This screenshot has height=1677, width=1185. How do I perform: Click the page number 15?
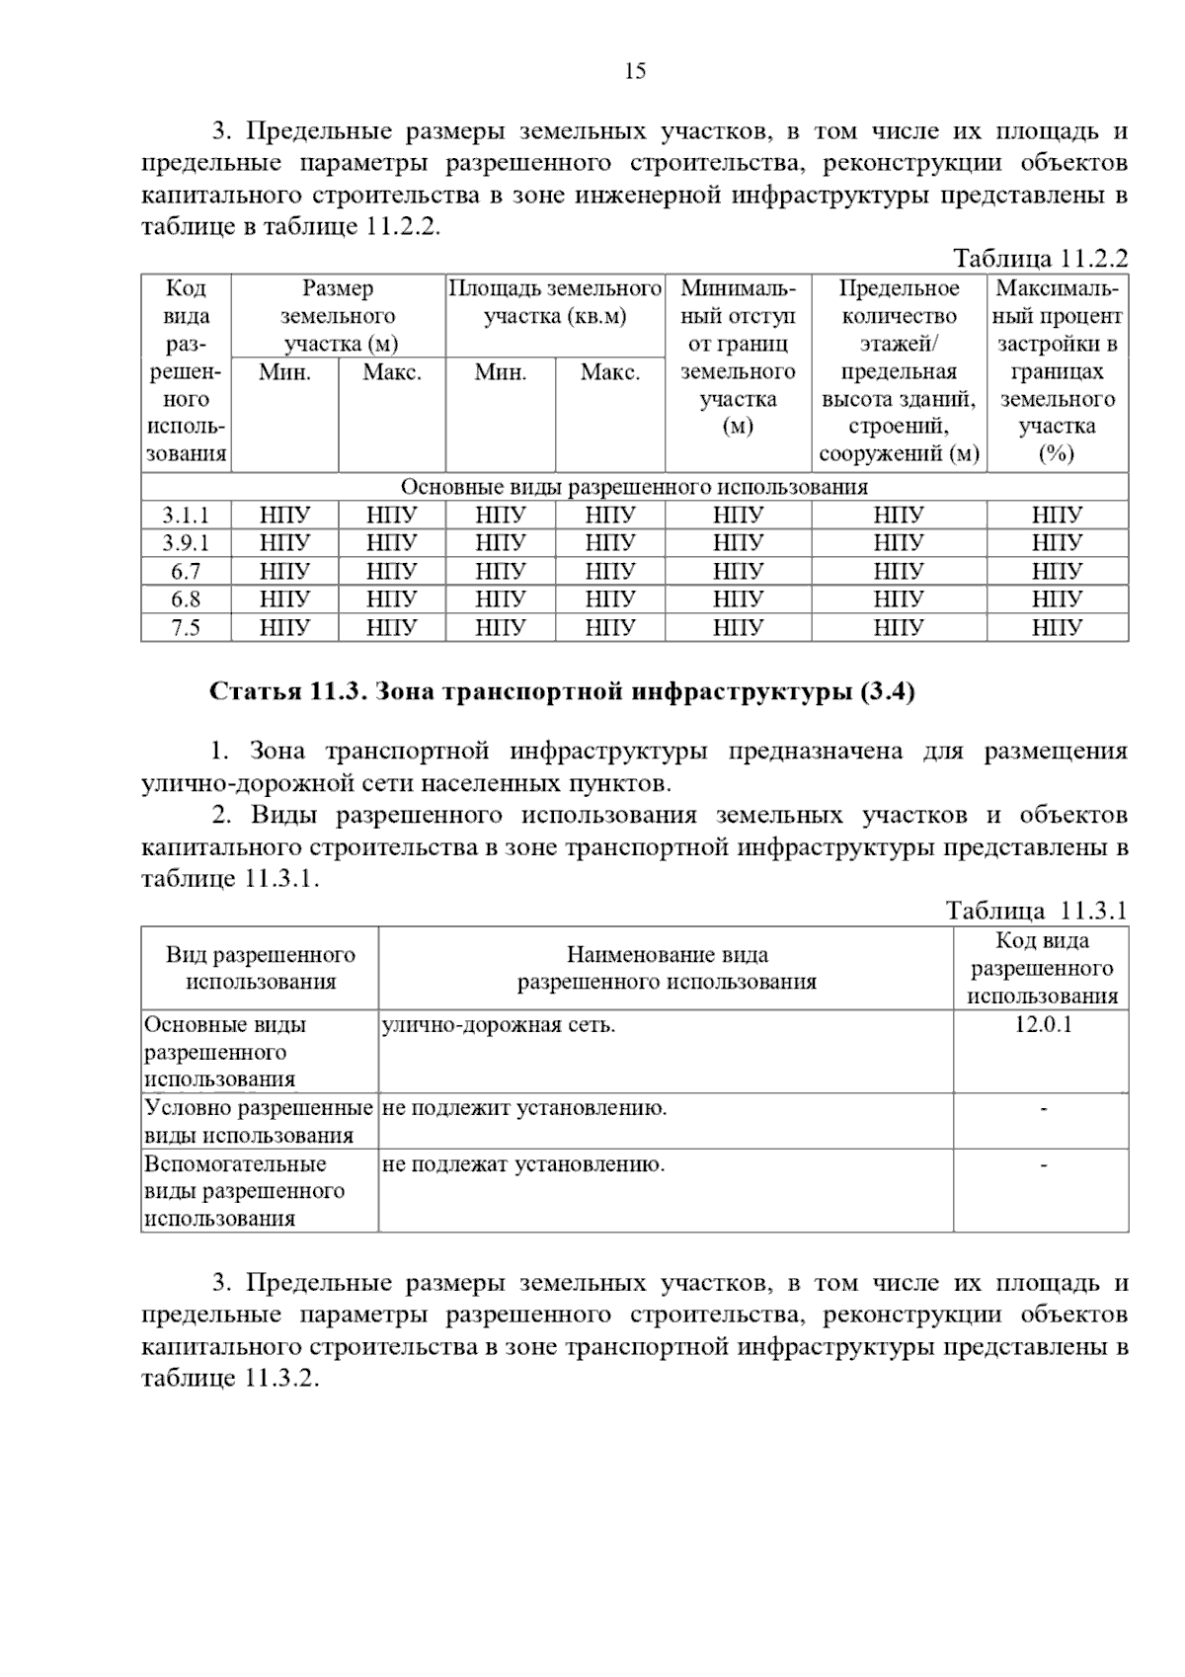pos(635,71)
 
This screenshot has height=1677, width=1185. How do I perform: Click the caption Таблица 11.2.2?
pos(1039,259)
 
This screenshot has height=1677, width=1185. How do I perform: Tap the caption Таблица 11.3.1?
pos(1036,911)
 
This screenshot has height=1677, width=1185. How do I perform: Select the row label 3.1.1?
pos(186,516)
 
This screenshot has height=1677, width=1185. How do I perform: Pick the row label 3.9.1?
pos(186,543)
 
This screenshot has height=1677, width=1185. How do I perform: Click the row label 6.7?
pos(186,571)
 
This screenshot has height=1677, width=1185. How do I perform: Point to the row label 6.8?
pos(186,599)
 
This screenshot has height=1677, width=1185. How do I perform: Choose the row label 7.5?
pos(186,628)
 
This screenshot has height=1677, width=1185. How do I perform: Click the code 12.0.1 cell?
pos(1043,1025)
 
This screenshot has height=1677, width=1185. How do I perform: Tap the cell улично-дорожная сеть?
pos(499,1025)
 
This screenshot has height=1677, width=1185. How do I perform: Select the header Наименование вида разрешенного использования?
pos(667,969)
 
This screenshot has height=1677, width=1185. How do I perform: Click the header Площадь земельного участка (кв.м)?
pos(555,303)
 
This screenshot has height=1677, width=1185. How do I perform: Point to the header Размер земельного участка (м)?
pos(339,316)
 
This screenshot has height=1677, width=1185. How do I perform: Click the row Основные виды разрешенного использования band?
pos(634,488)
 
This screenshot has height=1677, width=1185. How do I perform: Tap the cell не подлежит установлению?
pos(524,1108)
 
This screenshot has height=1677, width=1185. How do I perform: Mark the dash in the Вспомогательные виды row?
pos(1043,1165)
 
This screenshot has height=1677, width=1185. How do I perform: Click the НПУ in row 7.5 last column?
pos(1057,628)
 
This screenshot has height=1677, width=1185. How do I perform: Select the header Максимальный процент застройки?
pos(1057,371)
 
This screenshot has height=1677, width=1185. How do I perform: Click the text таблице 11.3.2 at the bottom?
pos(230,1379)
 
